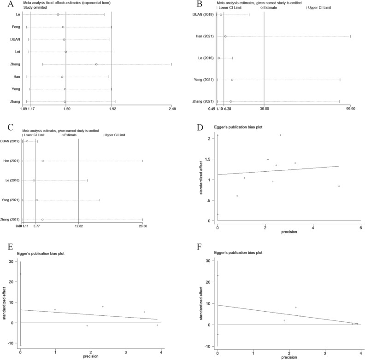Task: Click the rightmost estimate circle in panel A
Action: (96, 64)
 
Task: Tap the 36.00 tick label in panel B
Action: (264, 109)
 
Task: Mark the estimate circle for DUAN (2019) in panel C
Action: (27, 141)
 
